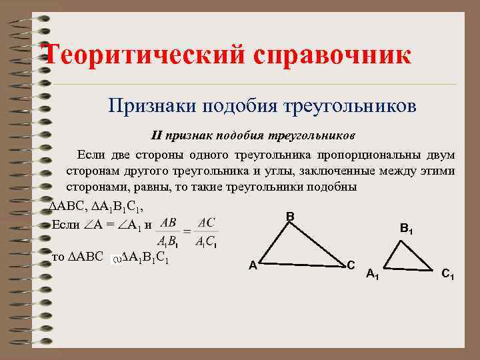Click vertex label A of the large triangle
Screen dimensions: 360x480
[x=253, y=265]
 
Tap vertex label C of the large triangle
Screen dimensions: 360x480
[x=351, y=265]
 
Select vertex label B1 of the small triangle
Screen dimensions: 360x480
[x=406, y=228]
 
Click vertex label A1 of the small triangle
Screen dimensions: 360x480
[x=373, y=273]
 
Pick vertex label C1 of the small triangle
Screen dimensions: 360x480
[x=448, y=273]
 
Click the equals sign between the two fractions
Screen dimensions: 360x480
[x=187, y=231]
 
